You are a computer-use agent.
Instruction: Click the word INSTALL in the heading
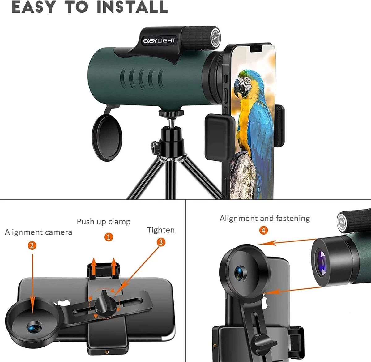132,7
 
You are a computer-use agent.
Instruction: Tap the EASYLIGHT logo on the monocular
159,41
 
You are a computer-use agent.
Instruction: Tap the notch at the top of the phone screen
254,48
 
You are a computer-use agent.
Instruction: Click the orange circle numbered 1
109,237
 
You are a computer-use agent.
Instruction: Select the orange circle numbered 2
32,245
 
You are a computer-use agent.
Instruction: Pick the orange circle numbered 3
160,242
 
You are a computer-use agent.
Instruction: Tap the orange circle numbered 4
263,230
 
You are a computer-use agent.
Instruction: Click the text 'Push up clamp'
104,222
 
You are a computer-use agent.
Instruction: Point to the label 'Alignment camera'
38,232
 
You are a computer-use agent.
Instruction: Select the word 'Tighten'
161,230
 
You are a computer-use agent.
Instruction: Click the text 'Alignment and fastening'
265,218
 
